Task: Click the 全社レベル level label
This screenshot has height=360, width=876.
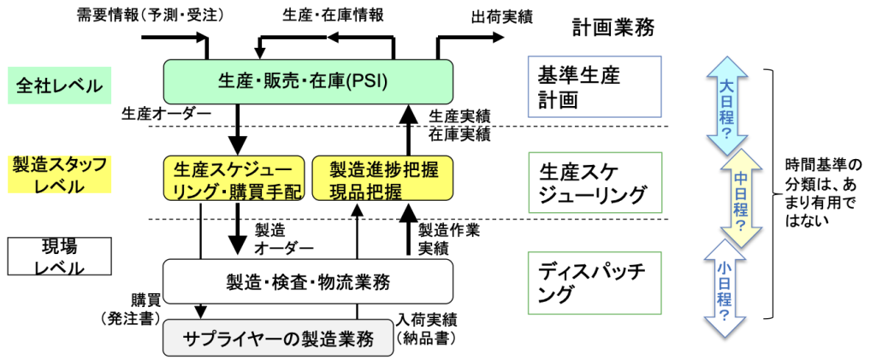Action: click(x=59, y=86)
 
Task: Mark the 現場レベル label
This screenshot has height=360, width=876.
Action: click(x=58, y=257)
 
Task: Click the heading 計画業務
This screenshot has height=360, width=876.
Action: click(x=613, y=27)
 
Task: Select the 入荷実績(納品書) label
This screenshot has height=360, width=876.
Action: click(x=426, y=328)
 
